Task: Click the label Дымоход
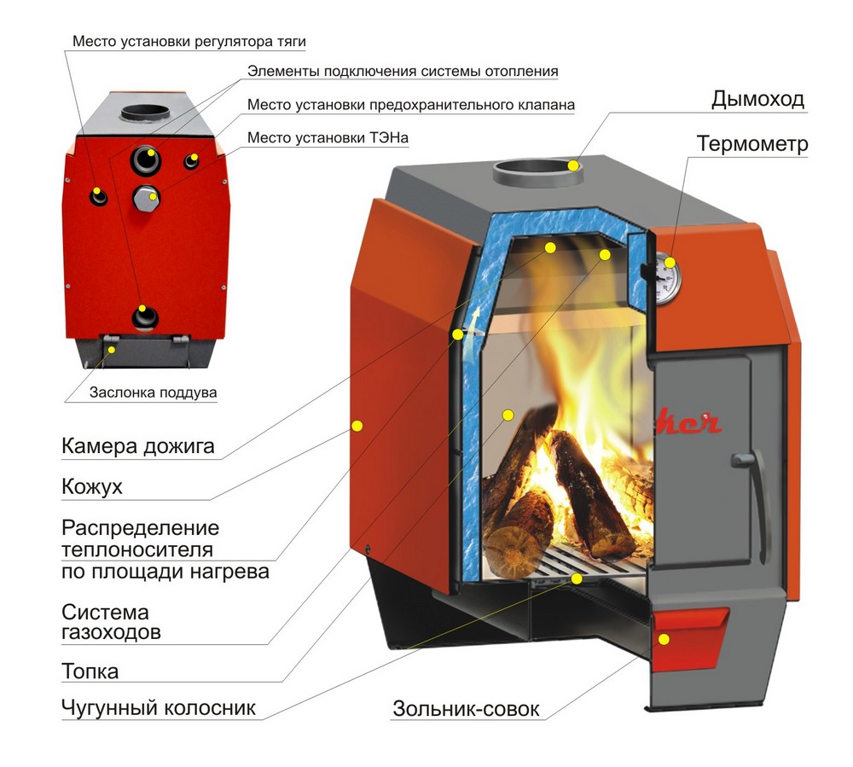[757, 99]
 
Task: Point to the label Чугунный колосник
[159, 708]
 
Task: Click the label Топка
[90, 671]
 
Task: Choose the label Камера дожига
[137, 446]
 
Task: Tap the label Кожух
[92, 487]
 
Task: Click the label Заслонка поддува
[154, 393]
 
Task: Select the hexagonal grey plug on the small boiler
[143, 200]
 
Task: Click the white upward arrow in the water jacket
[466, 335]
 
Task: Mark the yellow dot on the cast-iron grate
[577, 578]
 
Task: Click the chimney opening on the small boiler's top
[144, 112]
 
